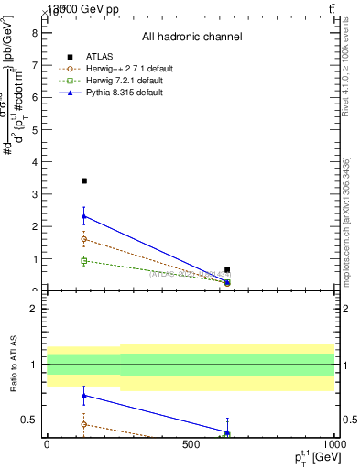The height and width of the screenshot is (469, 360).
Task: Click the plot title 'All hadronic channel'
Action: coord(191,37)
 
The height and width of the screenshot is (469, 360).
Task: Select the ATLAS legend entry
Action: coord(101,57)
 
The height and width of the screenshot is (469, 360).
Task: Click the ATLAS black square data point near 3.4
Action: coord(84,181)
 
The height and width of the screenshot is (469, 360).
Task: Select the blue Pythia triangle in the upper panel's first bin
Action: coord(84,216)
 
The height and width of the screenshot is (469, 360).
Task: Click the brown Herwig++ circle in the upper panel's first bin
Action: coord(84,239)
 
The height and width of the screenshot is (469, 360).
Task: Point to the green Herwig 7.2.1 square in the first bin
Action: coord(84,261)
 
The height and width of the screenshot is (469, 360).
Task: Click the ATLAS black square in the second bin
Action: coord(227,270)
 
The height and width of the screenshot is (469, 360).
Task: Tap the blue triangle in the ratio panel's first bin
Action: coord(84,396)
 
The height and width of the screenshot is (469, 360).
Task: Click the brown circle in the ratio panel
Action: coord(84,424)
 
